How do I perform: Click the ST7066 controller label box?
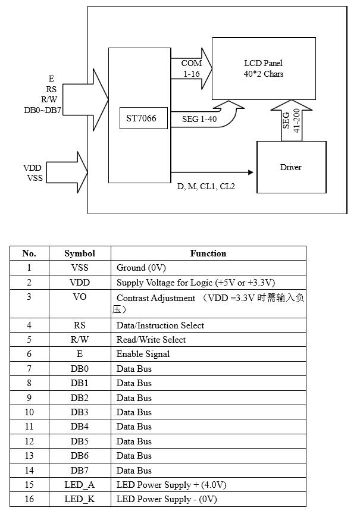pyautogui.click(x=141, y=119)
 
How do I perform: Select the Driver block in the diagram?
pyautogui.click(x=291, y=167)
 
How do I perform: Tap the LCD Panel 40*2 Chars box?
pyautogui.click(x=264, y=68)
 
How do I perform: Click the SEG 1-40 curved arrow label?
pyautogui.click(x=199, y=119)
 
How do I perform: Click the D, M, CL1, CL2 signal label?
pyautogui.click(x=206, y=186)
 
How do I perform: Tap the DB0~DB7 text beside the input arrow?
pyautogui.click(x=43, y=110)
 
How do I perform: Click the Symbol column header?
pyautogui.click(x=80, y=253)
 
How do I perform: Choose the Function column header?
pyautogui.click(x=208, y=253)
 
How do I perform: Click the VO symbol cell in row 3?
pyautogui.click(x=80, y=297)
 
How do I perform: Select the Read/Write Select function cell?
pyautogui.click(x=151, y=340)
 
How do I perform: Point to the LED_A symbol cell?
pyautogui.click(x=80, y=485)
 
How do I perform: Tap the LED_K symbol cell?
pyautogui.click(x=80, y=499)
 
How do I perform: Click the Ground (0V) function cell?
pyautogui.click(x=142, y=268)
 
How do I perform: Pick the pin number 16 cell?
pyautogui.click(x=29, y=499)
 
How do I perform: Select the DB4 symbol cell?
pyautogui.click(x=80, y=427)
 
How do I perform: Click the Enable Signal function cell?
pyautogui.click(x=143, y=354)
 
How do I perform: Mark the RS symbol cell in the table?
pyautogui.click(x=80, y=325)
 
